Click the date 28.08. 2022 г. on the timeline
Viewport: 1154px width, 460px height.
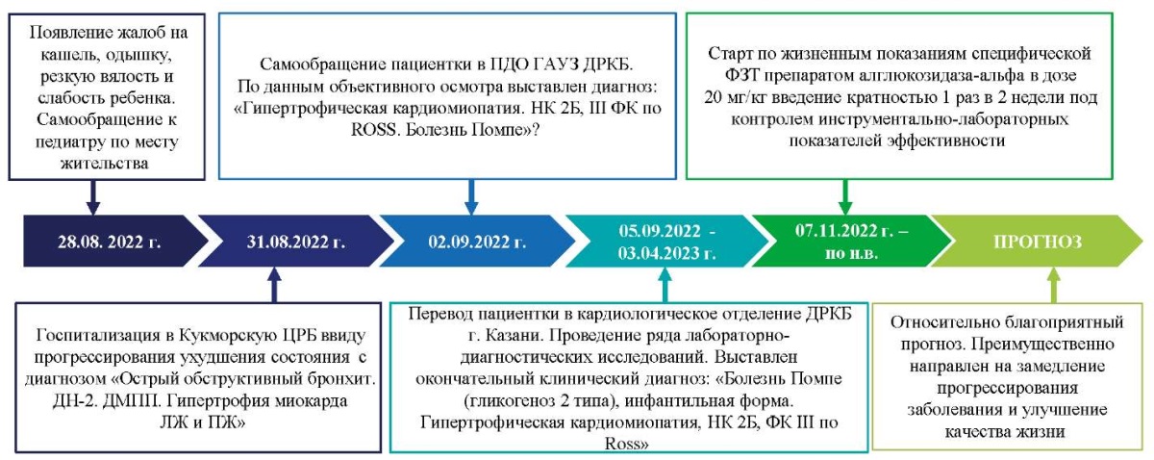[x=110, y=242]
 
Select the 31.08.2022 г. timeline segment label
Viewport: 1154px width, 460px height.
[x=296, y=242]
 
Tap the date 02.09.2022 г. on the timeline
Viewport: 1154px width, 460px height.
[x=477, y=242]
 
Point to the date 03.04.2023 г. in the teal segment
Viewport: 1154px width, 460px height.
[x=666, y=253]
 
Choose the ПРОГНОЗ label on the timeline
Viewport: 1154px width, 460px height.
[x=1038, y=242]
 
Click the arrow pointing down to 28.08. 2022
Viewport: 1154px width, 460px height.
[x=92, y=197]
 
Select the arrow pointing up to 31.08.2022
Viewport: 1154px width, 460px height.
[x=275, y=284]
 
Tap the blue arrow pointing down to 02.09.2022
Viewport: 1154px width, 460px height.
[x=471, y=197]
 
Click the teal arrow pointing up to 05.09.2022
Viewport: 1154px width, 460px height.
[x=665, y=284]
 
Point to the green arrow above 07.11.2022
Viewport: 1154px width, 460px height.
[x=845, y=197]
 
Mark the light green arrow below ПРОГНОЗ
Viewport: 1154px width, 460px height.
[x=1054, y=284]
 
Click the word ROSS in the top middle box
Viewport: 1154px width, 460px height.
[x=373, y=130]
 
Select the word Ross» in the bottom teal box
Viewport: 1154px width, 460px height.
[x=626, y=444]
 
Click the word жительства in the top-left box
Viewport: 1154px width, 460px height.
[x=105, y=164]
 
